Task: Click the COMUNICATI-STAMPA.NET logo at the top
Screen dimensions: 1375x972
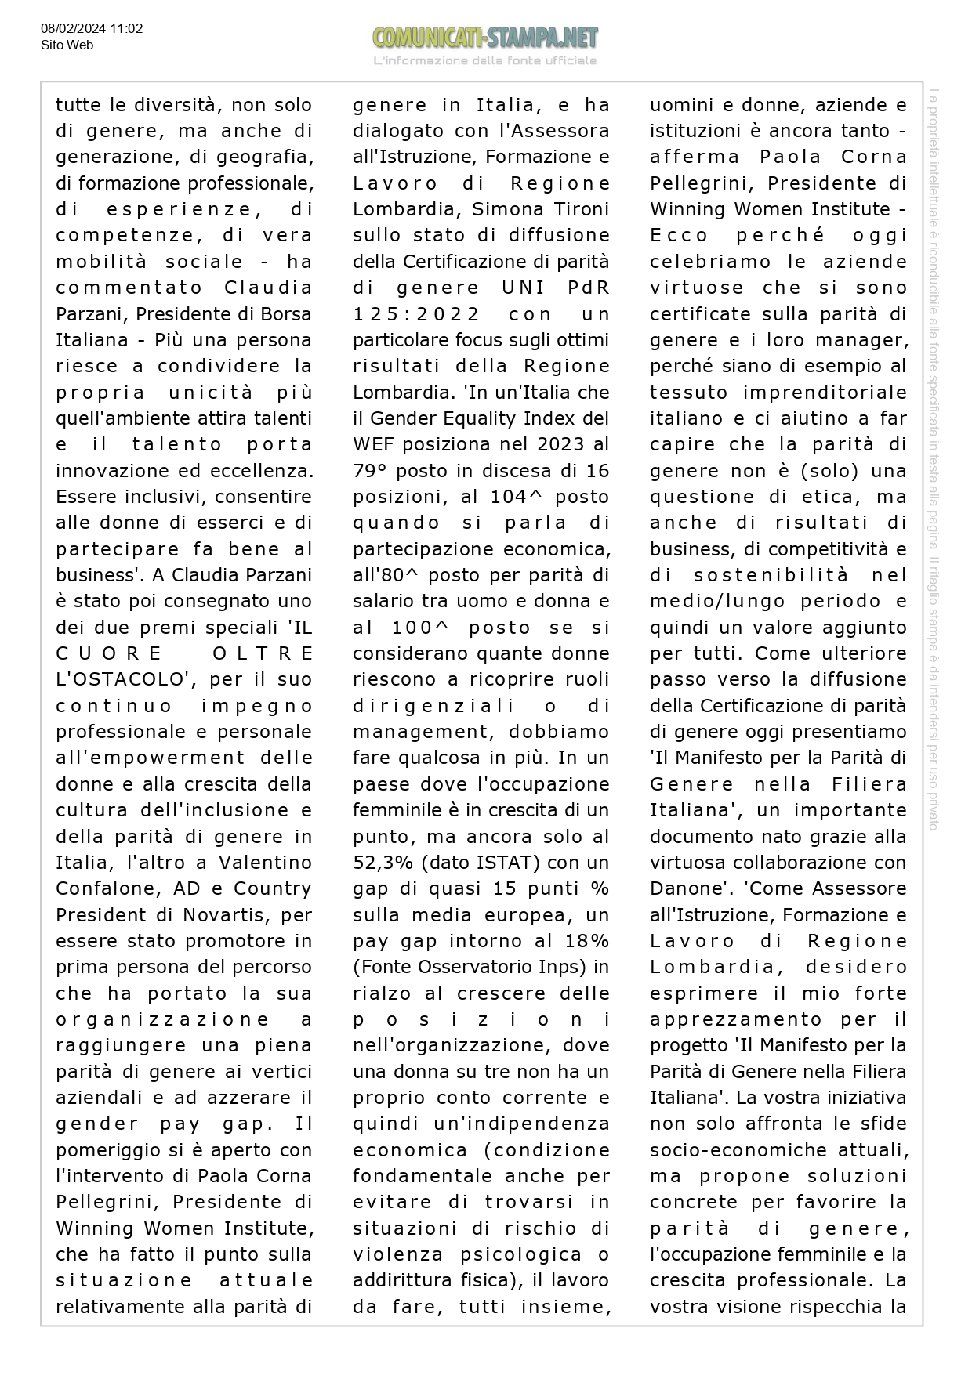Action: pyautogui.click(x=485, y=38)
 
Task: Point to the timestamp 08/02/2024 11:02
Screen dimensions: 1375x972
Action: pyautogui.click(x=92, y=29)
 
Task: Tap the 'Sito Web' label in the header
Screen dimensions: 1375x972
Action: pyautogui.click(x=67, y=45)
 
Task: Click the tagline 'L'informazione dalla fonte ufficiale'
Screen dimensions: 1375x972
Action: pyautogui.click(x=485, y=61)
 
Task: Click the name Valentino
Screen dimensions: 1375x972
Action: pyautogui.click(x=265, y=863)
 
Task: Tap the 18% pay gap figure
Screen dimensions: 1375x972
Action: pyautogui.click(x=586, y=941)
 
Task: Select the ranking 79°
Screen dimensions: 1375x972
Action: pyautogui.click(x=370, y=471)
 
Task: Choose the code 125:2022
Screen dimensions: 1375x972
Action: pyautogui.click(x=416, y=314)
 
